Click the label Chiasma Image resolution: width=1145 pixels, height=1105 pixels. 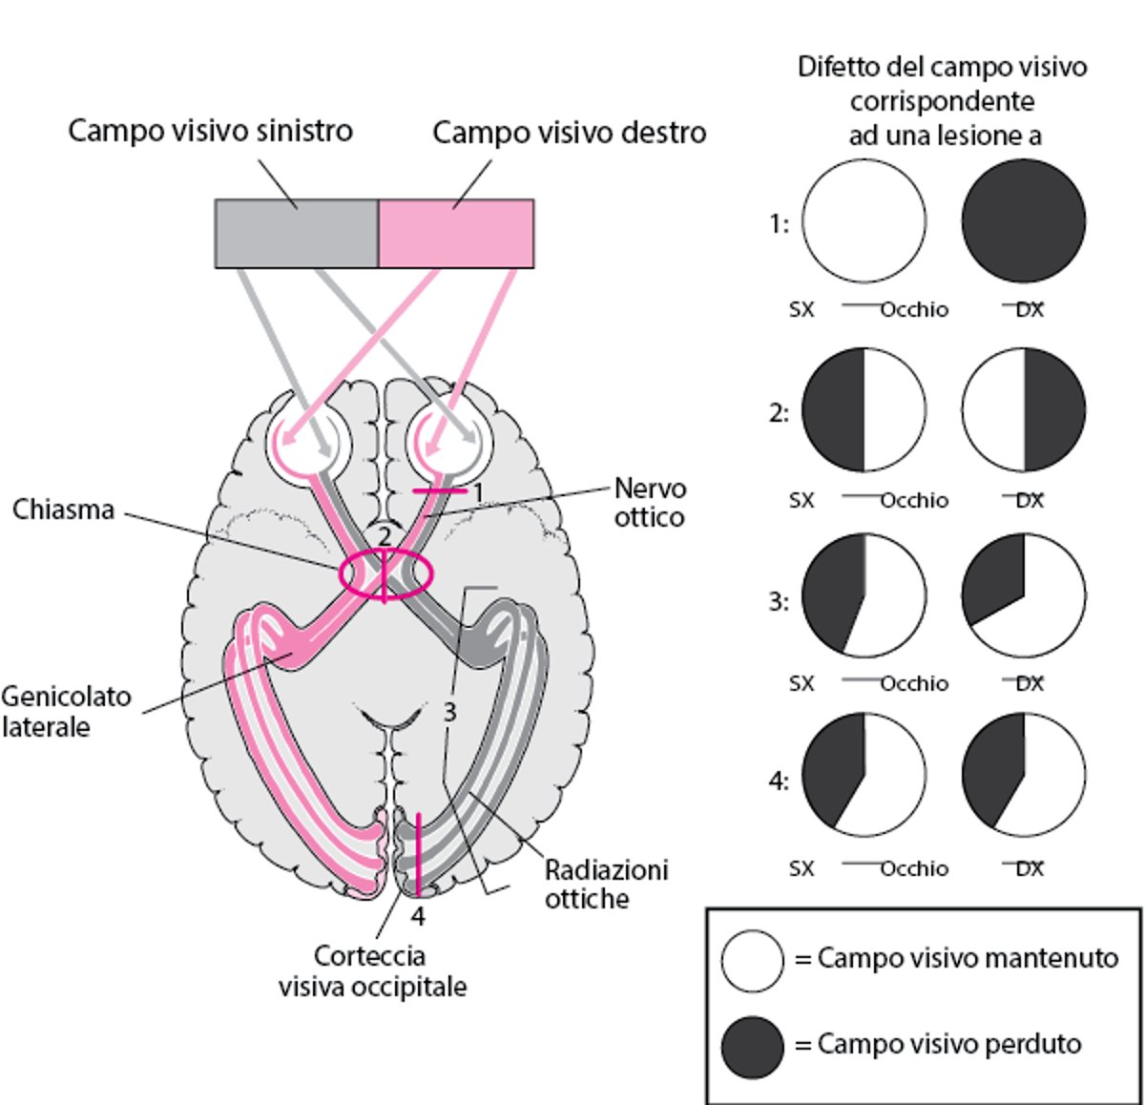[63, 510]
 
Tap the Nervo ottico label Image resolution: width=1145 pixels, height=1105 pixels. [650, 503]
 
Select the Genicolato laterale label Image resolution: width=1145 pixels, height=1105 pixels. [66, 711]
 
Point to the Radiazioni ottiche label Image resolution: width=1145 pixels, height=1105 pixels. [606, 884]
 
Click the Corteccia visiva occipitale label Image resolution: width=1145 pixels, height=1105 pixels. [372, 970]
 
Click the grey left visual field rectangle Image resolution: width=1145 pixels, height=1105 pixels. [297, 234]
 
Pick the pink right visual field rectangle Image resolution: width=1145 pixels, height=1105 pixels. [456, 234]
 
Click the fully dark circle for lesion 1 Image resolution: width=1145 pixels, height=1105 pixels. [1024, 221]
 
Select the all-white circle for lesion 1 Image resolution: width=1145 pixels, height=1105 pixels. [864, 221]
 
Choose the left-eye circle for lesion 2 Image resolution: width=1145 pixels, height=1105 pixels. [864, 410]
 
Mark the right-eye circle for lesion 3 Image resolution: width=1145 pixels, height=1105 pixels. [1024, 595]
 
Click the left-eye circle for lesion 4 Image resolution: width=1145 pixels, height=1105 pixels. [864, 773]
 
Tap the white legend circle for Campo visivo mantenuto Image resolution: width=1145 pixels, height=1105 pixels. [753, 961]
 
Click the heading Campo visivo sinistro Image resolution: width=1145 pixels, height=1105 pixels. [210, 131]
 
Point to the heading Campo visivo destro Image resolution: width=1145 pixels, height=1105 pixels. [570, 133]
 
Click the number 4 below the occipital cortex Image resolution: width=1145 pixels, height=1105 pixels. [418, 917]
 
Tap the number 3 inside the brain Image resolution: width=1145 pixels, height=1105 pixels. [449, 712]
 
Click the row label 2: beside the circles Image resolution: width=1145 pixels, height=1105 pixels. [780, 413]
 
